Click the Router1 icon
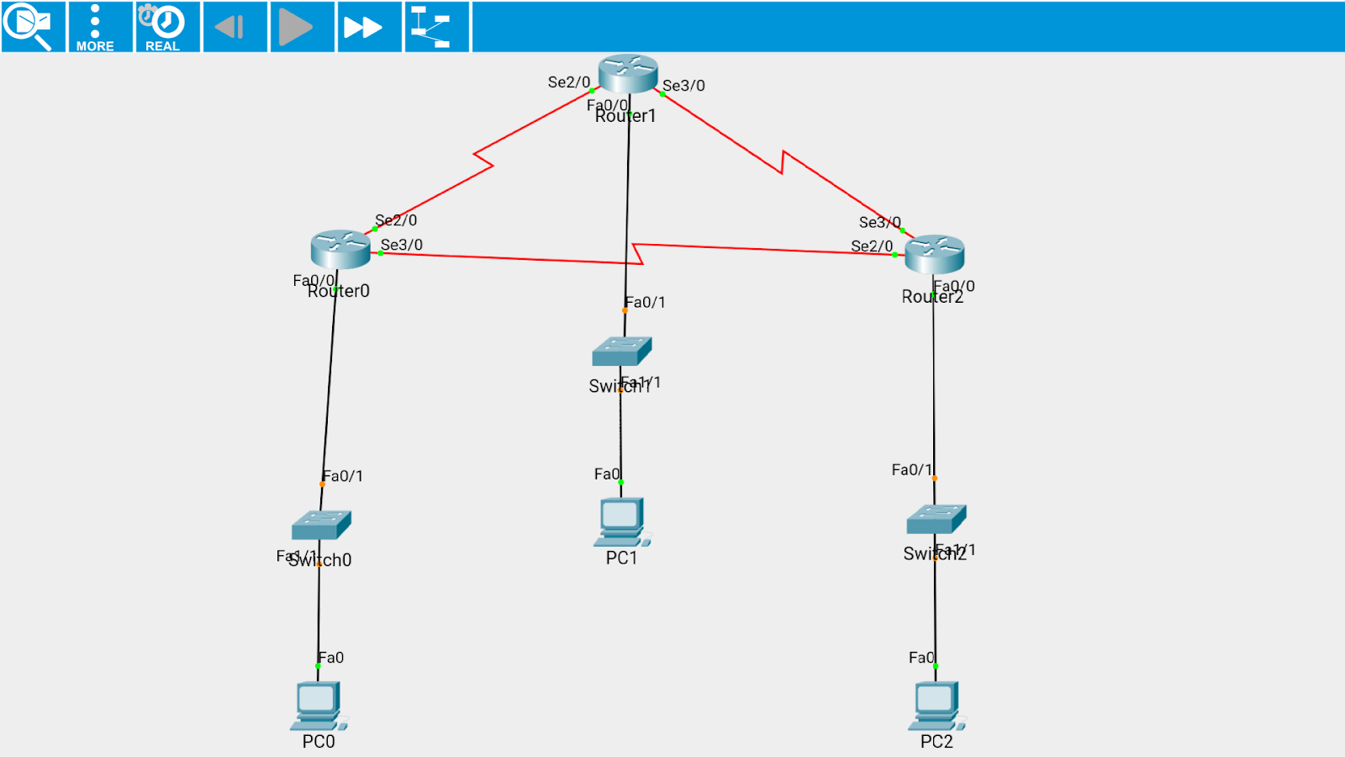click(628, 74)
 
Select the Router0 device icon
click(340, 249)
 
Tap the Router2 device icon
click(934, 254)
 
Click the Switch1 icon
click(621, 352)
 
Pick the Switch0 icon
click(321, 525)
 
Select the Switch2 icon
click(936, 520)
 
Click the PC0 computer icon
click(318, 706)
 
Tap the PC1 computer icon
click(621, 522)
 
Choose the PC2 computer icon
click(936, 706)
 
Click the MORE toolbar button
click(95, 27)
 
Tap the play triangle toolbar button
click(295, 27)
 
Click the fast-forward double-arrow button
click(362, 27)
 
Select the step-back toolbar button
click(229, 27)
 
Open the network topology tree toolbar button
click(430, 27)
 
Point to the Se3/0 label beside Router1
click(683, 86)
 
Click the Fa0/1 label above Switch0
click(343, 476)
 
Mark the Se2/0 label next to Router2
click(872, 246)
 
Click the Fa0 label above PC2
click(920, 658)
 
